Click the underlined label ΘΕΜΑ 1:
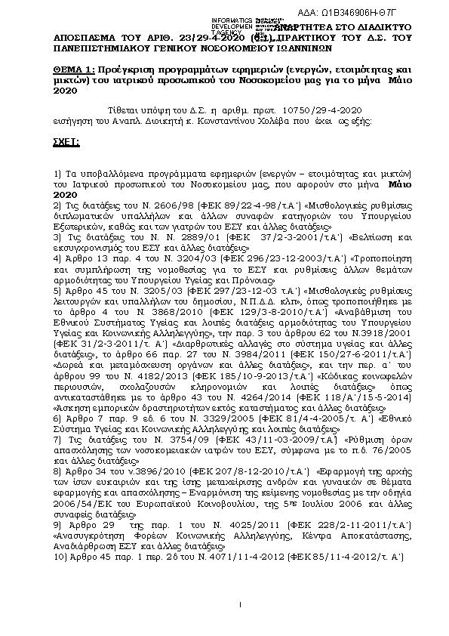[x=75, y=68]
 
